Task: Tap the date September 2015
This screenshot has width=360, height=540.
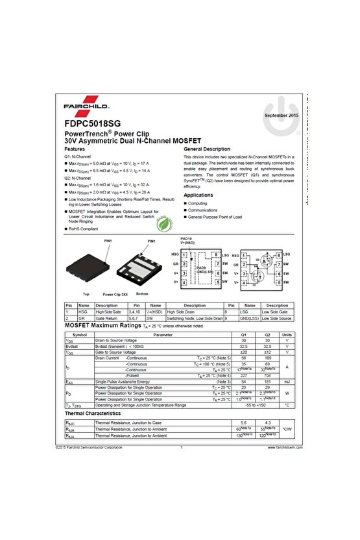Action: (282, 115)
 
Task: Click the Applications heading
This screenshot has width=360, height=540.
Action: (198, 195)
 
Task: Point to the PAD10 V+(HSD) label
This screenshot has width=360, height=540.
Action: (187, 240)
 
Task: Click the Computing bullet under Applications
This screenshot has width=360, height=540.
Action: (198, 203)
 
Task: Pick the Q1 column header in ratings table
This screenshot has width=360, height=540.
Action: (244, 334)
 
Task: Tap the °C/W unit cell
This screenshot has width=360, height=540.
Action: (287, 429)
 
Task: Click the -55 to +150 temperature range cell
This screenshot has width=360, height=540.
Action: (255, 404)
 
